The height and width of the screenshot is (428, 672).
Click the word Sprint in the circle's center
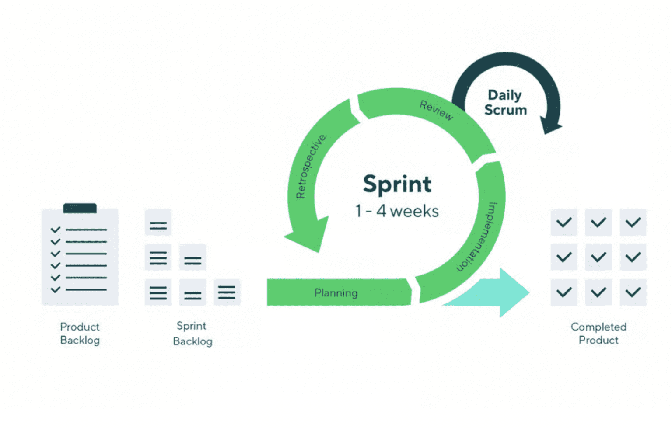click(397, 184)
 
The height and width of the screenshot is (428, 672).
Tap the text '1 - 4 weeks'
click(397, 211)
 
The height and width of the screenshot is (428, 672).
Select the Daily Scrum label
click(505, 102)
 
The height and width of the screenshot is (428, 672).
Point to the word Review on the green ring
click(436, 110)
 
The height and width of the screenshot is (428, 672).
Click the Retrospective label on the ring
click(310, 167)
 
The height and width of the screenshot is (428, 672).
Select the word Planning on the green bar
click(336, 292)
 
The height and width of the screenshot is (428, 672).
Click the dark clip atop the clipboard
click(80, 208)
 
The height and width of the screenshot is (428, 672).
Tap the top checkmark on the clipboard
click(56, 230)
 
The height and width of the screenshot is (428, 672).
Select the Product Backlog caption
click(80, 333)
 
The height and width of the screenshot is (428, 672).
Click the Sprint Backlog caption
click(192, 333)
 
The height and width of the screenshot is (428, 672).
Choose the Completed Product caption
click(598, 333)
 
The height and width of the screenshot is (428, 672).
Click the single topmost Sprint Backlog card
click(158, 223)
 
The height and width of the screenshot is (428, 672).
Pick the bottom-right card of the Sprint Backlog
click(227, 292)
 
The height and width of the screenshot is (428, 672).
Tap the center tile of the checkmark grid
click(598, 257)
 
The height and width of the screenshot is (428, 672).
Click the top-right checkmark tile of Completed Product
click(633, 223)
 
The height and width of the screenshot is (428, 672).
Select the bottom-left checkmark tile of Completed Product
click(564, 292)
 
